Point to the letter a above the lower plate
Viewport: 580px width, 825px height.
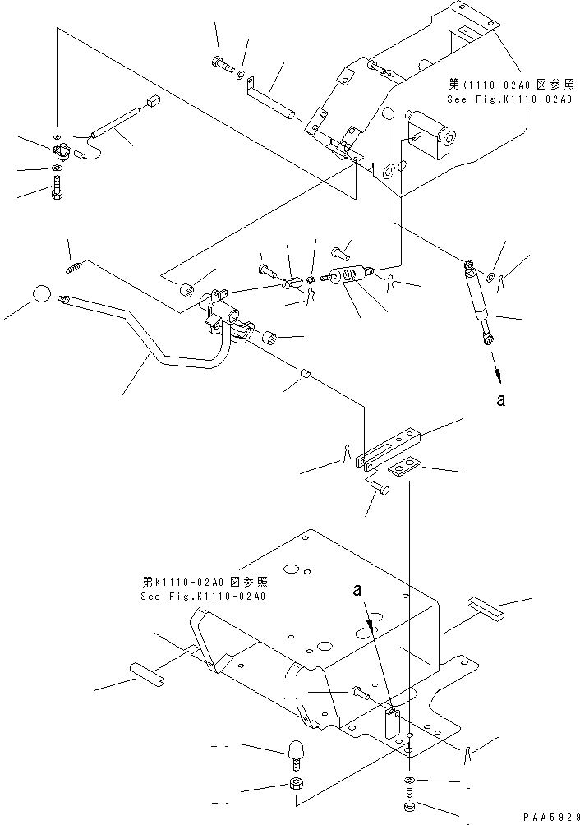(x=357, y=590)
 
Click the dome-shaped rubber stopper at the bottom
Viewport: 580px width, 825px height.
(x=296, y=751)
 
